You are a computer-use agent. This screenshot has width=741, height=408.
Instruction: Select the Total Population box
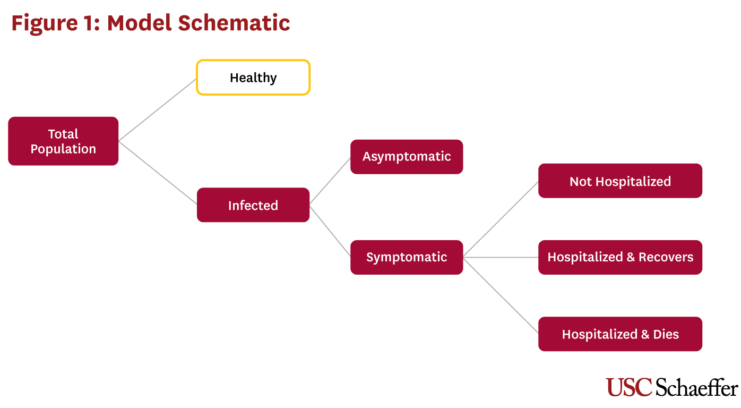pos(63,141)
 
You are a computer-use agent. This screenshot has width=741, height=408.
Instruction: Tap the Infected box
pos(253,205)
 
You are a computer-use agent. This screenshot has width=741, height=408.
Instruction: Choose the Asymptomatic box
pos(407,157)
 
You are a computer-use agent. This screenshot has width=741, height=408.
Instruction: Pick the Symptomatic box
pos(407,257)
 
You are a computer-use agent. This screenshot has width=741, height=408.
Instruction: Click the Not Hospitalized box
pos(621,181)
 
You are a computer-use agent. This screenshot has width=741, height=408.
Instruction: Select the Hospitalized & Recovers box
pos(621,257)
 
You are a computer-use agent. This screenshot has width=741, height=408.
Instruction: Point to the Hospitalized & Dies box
pos(621,334)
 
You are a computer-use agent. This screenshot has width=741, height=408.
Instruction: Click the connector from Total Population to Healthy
pos(158,109)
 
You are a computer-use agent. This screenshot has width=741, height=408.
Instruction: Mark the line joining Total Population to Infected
pos(158,173)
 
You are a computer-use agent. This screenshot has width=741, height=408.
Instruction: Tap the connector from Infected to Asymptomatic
pos(330,181)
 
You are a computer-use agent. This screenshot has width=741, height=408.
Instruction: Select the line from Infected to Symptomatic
pos(330,231)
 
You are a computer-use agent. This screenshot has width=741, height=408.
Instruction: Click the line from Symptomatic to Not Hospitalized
pos(501,219)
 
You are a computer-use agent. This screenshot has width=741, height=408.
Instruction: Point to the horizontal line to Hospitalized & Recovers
pos(501,257)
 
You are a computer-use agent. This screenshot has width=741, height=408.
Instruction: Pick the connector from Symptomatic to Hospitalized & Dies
pos(501,295)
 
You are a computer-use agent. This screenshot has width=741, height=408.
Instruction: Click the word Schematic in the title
pos(234,23)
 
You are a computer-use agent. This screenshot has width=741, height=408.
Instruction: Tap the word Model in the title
pos(139,23)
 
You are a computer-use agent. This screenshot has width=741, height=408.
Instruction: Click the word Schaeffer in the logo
pos(696,387)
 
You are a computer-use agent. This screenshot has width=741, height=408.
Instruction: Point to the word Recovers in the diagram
pos(666,257)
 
